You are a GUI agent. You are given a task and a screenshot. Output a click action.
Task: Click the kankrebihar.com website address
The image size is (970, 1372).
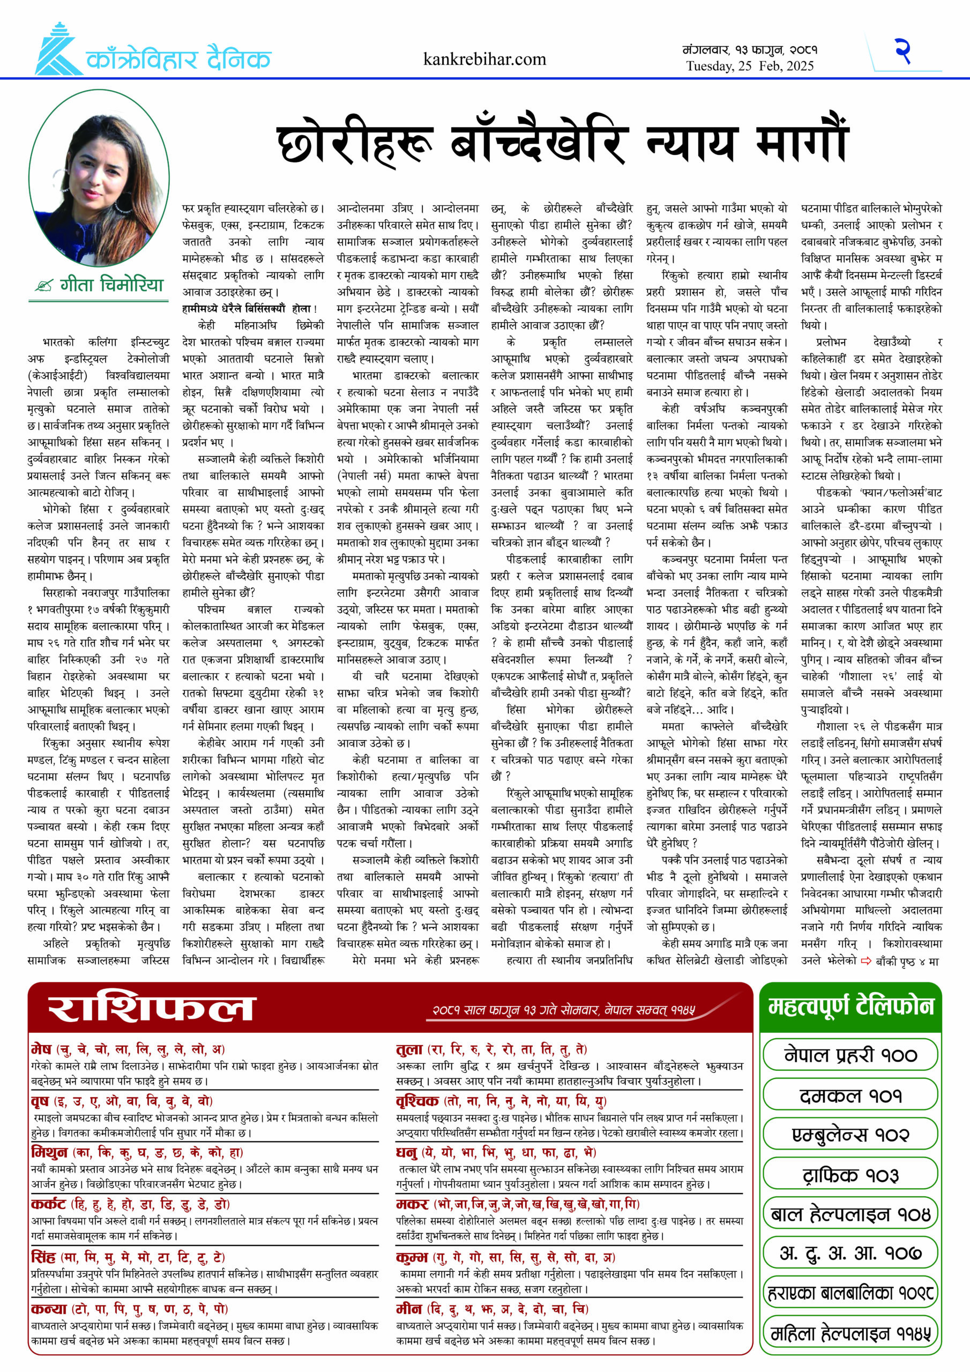pyautogui.click(x=484, y=59)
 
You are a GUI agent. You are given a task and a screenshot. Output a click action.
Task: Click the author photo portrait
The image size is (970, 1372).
pyautogui.click(x=99, y=177)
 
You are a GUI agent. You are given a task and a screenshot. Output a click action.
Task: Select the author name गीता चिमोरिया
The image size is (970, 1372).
pyautogui.click(x=112, y=285)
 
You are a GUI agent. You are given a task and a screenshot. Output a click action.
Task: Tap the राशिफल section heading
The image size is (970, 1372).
pyautogui.click(x=151, y=1009)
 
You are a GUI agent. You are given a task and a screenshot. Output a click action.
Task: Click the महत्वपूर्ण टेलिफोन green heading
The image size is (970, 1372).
pyautogui.click(x=850, y=1008)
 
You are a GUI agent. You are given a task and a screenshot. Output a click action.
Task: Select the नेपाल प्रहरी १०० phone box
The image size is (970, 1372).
pyautogui.click(x=850, y=1056)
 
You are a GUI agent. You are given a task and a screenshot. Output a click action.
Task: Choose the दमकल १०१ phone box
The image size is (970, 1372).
pyautogui.click(x=850, y=1096)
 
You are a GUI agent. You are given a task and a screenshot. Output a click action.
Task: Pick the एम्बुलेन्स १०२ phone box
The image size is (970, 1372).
pyautogui.click(x=850, y=1135)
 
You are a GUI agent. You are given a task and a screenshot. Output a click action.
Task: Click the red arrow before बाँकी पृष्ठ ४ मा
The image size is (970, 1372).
pyautogui.click(x=866, y=961)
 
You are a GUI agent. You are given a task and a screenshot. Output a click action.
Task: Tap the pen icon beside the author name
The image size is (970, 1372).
pyautogui.click(x=43, y=286)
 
